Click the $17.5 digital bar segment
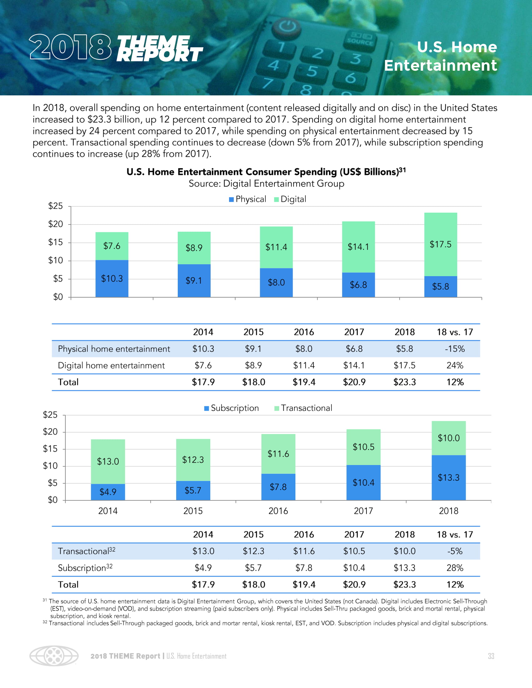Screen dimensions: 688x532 pyautogui.click(x=440, y=245)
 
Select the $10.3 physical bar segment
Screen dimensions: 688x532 pyautogui.click(x=112, y=278)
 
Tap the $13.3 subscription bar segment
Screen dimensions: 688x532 pyautogui.click(x=448, y=478)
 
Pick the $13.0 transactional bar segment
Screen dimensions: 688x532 pyautogui.click(x=108, y=462)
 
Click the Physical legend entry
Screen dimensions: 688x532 pyautogui.click(x=248, y=199)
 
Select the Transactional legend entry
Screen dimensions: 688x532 pyautogui.click(x=303, y=408)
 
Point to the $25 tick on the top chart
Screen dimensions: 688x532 pyautogui.click(x=55, y=206)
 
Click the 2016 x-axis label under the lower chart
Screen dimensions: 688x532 pyautogui.click(x=278, y=511)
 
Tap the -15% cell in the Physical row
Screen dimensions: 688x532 pyautogui.click(x=454, y=349)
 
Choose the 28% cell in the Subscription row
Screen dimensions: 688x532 pyautogui.click(x=454, y=568)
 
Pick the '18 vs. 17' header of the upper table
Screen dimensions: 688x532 pyautogui.click(x=454, y=332)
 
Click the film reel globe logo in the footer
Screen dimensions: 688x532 pyautogui.click(x=54, y=656)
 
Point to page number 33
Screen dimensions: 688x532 pyautogui.click(x=491, y=656)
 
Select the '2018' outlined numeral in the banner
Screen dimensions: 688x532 pyautogui.click(x=70, y=47)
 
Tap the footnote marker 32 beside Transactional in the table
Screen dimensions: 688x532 pyautogui.click(x=112, y=549)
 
